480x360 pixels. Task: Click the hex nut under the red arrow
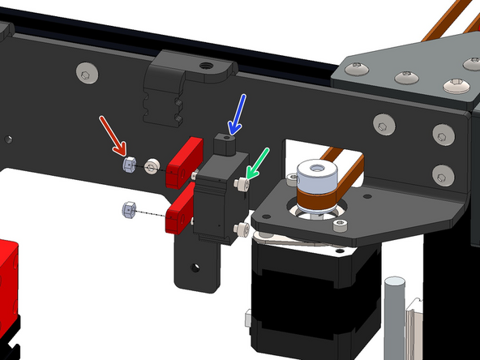tap(127, 165)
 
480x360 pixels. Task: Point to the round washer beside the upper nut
tap(151, 168)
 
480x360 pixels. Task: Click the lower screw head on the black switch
tap(240, 229)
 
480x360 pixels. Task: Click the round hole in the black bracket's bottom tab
tap(194, 265)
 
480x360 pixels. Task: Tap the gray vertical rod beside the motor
tap(393, 316)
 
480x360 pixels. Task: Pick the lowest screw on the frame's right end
tap(440, 174)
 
